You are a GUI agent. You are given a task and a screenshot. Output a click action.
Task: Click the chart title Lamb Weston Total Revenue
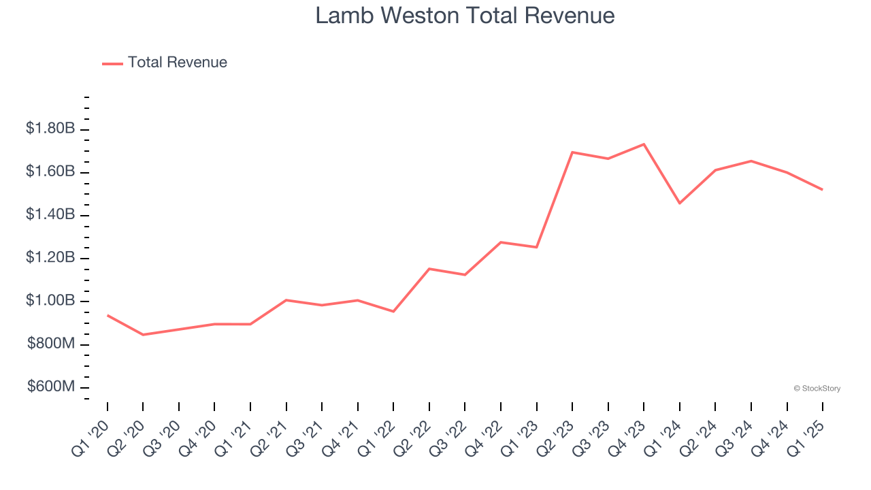click(x=465, y=16)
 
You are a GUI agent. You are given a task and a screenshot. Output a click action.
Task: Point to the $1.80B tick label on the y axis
click(x=50, y=128)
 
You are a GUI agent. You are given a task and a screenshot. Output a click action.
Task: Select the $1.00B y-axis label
click(x=50, y=301)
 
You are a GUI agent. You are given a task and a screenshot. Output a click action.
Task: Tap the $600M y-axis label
click(x=51, y=387)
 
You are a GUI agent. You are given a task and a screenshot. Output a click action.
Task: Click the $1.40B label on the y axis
click(x=50, y=214)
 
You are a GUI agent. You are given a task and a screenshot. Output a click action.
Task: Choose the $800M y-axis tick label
click(x=51, y=344)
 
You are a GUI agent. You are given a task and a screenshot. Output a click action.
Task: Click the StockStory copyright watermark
click(x=817, y=389)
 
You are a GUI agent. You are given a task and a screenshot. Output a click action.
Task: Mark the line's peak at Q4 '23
click(x=644, y=144)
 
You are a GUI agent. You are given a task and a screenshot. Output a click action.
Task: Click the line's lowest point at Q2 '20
click(x=143, y=335)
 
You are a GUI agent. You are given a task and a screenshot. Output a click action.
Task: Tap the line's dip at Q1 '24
click(x=680, y=203)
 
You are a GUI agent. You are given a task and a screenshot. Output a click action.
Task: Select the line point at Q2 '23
click(x=572, y=152)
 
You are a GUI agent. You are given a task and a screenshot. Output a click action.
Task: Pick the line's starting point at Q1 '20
click(x=108, y=315)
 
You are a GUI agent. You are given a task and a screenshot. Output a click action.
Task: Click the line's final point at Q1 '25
click(x=823, y=190)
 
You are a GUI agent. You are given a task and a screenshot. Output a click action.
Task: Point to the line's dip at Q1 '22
click(x=393, y=312)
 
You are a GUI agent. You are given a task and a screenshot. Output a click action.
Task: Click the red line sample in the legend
click(x=112, y=63)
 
